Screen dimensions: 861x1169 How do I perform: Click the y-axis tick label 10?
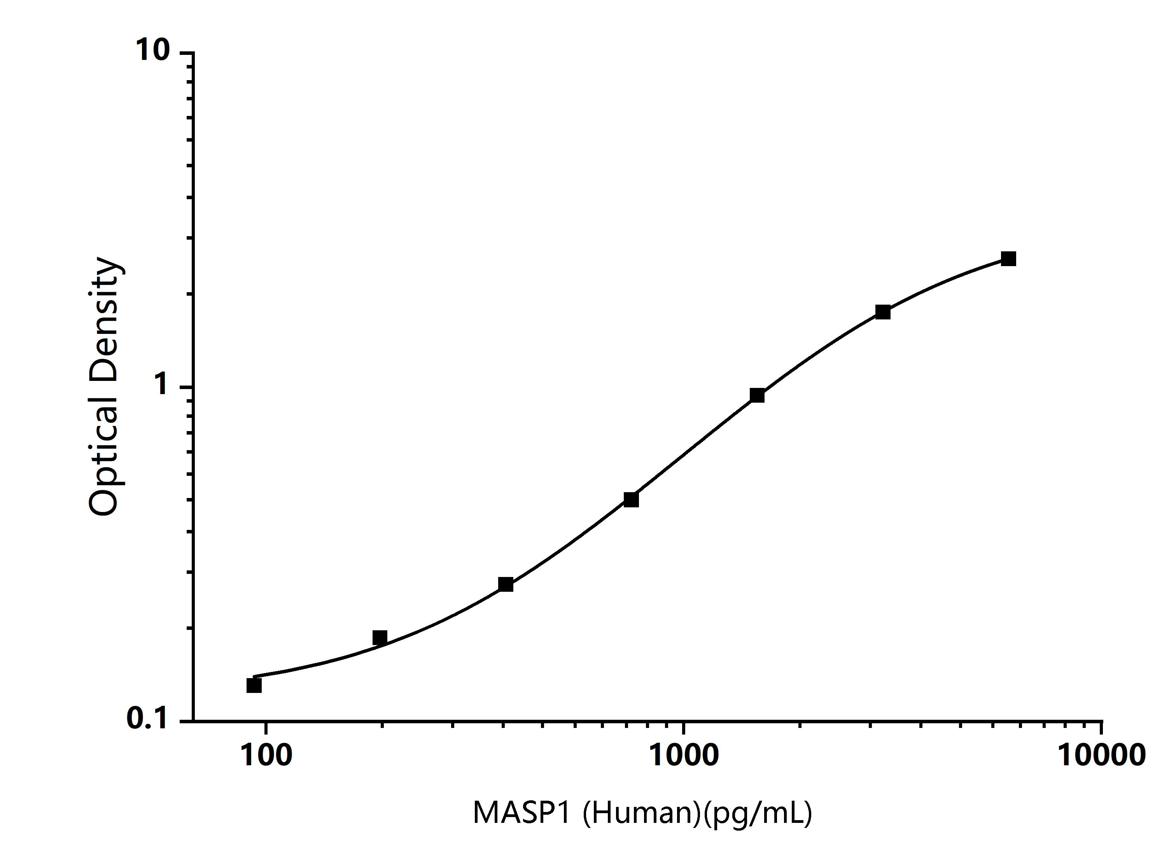pyautogui.click(x=153, y=51)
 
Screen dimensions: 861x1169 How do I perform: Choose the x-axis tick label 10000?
pyautogui.click(x=1101, y=755)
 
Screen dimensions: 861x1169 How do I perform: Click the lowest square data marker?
pyautogui.click(x=254, y=685)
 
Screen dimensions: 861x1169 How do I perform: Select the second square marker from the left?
pyautogui.click(x=380, y=637)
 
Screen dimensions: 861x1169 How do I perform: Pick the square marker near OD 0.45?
pyautogui.click(x=631, y=499)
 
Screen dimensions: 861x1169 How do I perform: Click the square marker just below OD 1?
pyautogui.click(x=757, y=395)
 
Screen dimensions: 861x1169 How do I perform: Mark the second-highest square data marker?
pyautogui.click(x=882, y=312)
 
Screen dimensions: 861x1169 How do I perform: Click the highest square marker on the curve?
pyautogui.click(x=1008, y=258)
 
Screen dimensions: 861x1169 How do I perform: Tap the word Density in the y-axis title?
pyautogui.click(x=104, y=318)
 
